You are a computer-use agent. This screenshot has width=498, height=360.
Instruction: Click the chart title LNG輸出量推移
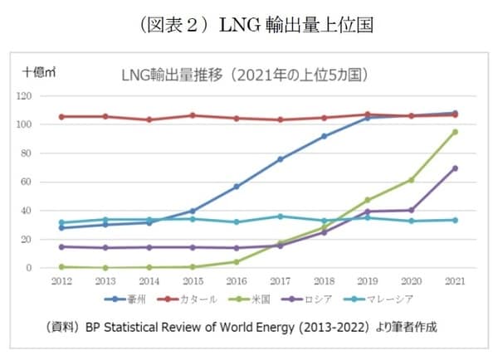245,75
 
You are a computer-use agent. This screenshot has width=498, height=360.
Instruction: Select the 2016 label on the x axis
236,281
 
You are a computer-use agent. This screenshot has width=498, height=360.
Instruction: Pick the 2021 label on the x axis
454,281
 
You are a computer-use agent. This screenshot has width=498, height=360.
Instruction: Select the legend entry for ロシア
320,298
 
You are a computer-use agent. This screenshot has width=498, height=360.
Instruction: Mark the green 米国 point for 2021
455,132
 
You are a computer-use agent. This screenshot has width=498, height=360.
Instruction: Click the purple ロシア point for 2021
455,168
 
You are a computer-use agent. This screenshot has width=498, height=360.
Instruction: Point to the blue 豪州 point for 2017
280,159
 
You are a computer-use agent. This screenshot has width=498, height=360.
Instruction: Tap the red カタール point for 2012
61,117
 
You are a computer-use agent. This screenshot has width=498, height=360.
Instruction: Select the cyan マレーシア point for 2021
455,220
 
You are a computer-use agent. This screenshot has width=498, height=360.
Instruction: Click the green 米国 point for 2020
411,180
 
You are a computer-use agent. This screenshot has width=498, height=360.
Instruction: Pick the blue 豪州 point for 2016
236,187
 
